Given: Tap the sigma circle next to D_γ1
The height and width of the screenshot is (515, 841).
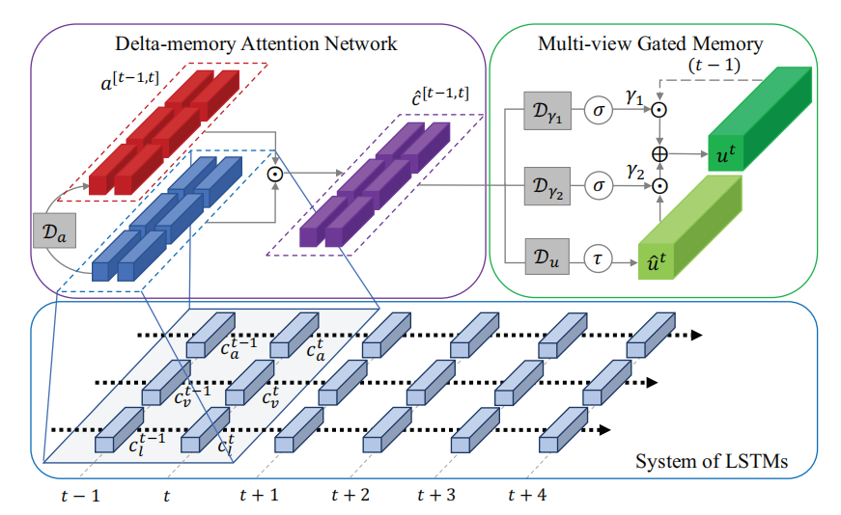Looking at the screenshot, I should [599, 110].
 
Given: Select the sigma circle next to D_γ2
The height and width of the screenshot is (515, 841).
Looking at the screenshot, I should [599, 183].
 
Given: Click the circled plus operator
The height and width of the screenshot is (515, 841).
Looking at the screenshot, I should [661, 153].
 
